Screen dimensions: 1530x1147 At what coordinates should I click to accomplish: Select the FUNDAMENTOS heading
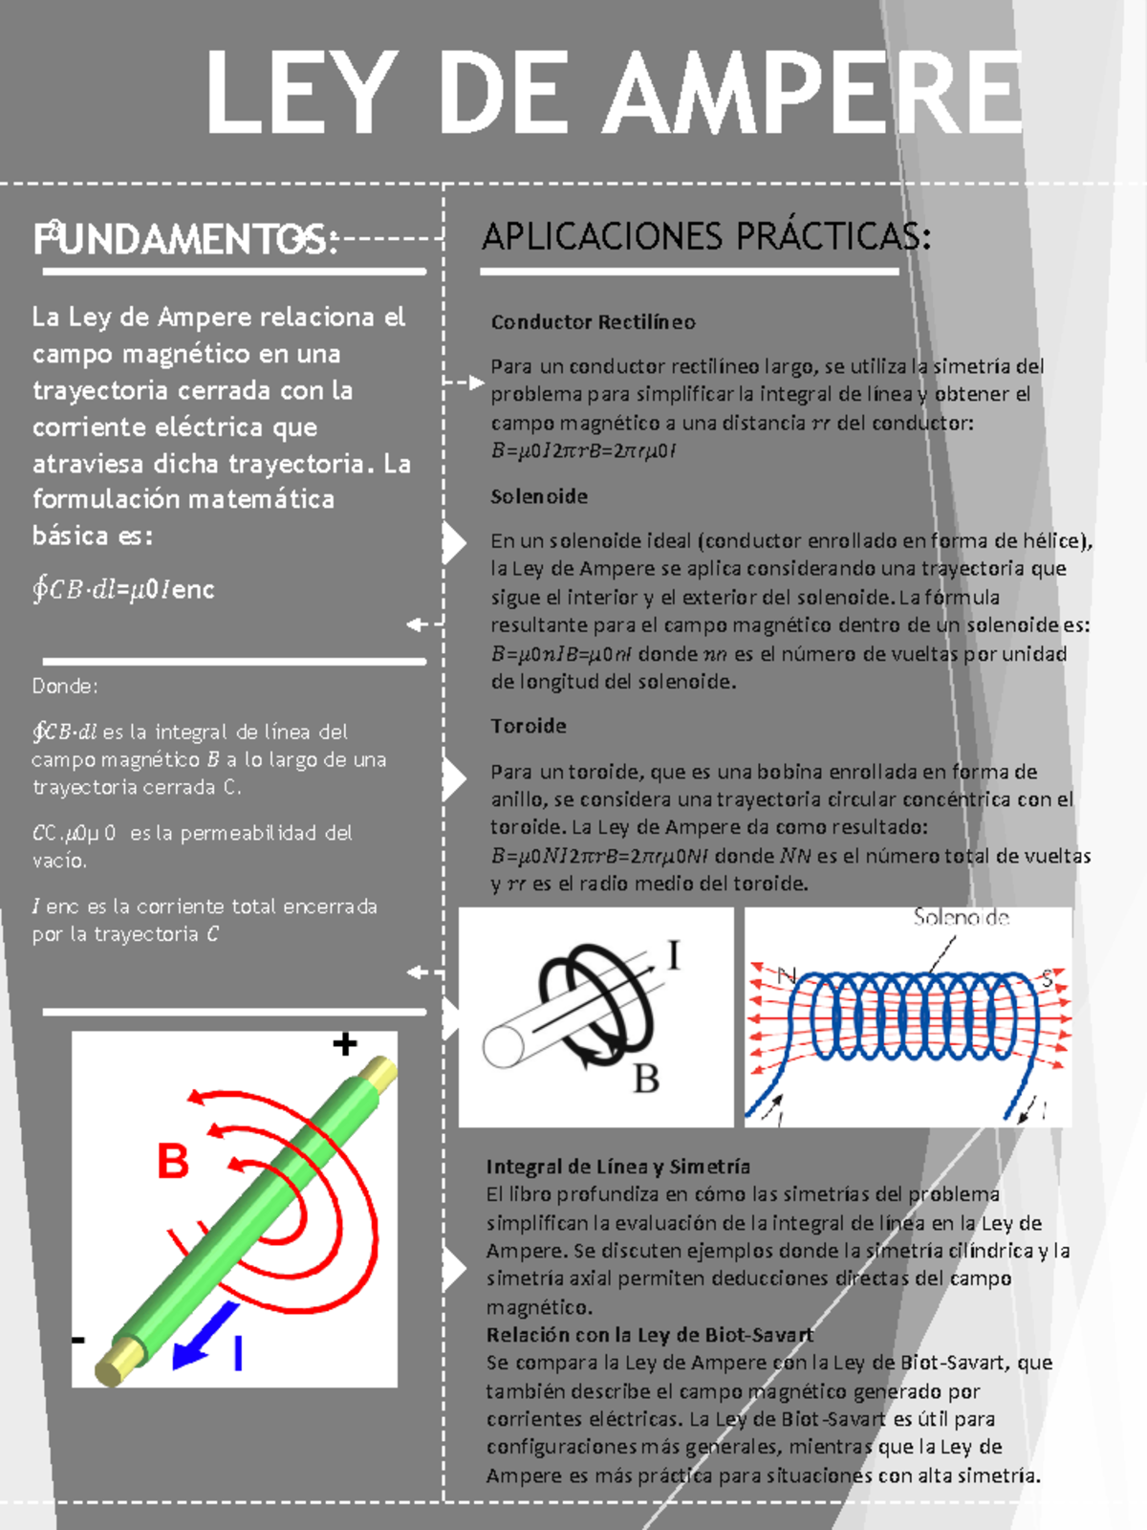coord(186,239)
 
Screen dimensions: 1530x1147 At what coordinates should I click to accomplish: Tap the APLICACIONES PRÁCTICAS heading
coord(705,236)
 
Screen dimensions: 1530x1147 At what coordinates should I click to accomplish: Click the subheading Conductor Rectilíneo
coord(593,322)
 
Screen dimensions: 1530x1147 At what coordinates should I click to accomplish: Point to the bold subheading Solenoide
coord(539,496)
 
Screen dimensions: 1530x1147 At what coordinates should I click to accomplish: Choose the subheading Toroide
coord(529,726)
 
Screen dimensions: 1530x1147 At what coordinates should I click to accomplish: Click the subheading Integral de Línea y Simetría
coord(617,1167)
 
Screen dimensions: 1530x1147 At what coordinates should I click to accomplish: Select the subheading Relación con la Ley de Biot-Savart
coord(649,1335)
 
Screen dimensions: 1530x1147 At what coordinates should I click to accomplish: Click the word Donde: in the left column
coord(65,686)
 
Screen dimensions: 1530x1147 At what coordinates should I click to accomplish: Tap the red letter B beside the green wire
coord(173,1162)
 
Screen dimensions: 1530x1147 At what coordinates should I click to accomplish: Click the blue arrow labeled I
coord(205,1335)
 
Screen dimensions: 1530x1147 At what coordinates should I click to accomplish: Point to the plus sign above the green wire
coord(345,1044)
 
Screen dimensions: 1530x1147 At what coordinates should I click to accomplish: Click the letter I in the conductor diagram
coord(674,955)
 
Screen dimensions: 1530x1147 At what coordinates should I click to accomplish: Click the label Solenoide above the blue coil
coord(961,918)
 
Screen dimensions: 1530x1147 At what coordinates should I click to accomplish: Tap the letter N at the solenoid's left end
coord(787,975)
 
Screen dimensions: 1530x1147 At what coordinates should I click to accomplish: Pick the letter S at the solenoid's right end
coord(1048,978)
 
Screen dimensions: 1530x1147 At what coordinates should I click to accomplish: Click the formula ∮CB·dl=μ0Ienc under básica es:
coord(122,589)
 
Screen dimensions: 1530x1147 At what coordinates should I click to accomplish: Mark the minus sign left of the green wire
coord(78,1340)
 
